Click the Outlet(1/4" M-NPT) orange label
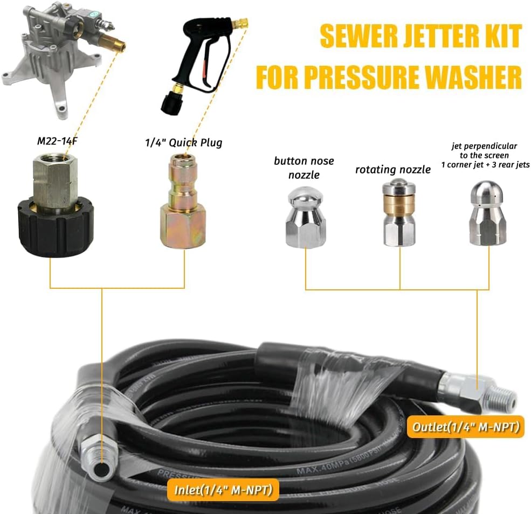465,427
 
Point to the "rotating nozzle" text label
393,170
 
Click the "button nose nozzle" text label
304,167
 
